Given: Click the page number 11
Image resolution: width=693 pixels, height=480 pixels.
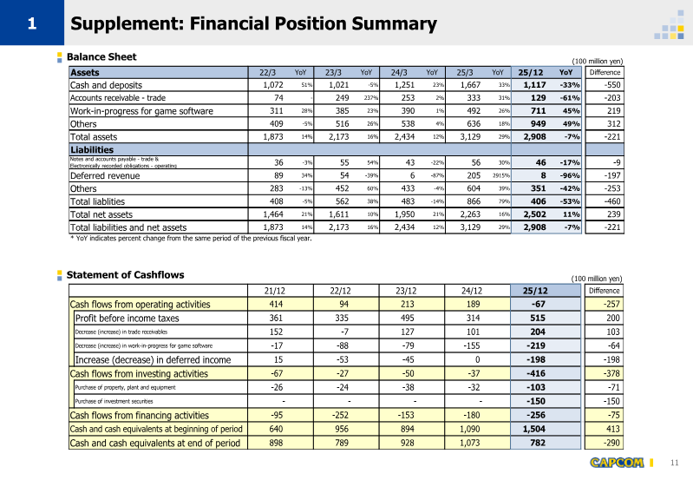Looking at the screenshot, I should click(x=675, y=462).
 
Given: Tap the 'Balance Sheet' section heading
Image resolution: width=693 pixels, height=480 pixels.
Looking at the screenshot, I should click(x=101, y=57).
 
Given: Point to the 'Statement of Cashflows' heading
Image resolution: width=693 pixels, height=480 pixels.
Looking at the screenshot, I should click(x=125, y=275).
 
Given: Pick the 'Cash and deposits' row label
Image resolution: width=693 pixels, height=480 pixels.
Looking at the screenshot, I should click(x=106, y=85).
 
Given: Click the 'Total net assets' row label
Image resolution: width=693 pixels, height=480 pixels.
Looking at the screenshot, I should click(x=101, y=214).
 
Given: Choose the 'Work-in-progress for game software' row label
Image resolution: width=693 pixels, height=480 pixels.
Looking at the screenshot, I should click(x=141, y=111).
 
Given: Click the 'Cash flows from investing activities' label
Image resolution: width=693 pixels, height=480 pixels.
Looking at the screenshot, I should click(x=138, y=374).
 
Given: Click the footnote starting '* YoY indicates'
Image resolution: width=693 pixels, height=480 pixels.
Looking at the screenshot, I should click(x=190, y=239).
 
